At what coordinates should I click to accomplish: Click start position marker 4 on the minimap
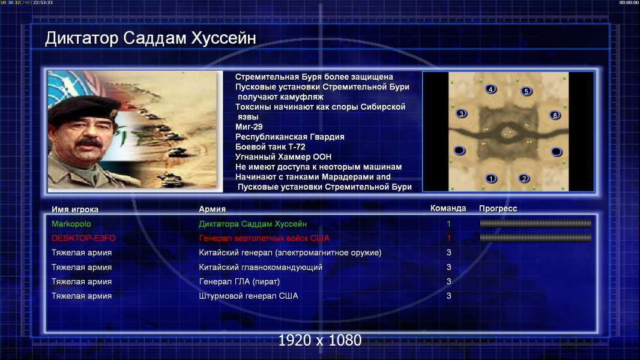(x=491, y=89)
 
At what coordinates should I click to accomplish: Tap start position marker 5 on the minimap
(x=526, y=91)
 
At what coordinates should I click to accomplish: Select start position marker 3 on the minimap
(x=461, y=113)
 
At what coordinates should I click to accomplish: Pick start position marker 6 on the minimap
(x=555, y=115)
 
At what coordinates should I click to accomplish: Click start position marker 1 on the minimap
(x=491, y=178)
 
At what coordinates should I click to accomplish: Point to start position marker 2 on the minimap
(x=524, y=178)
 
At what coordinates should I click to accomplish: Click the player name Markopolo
(x=71, y=224)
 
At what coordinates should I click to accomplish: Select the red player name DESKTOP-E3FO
(x=83, y=238)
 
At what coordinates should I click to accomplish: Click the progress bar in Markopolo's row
(x=536, y=223)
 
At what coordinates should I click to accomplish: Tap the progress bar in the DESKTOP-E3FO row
(x=536, y=238)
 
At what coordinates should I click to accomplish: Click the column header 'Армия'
(x=213, y=209)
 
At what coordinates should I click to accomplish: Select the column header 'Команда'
(x=448, y=208)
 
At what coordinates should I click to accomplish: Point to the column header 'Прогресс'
(x=498, y=209)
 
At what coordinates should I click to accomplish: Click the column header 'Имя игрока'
(x=74, y=209)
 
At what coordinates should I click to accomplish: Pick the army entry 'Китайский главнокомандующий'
(x=261, y=268)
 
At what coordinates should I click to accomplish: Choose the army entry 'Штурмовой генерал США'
(x=248, y=296)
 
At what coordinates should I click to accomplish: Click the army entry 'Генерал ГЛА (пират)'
(x=239, y=282)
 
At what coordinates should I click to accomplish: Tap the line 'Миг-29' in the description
(x=249, y=127)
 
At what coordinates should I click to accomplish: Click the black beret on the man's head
(x=83, y=107)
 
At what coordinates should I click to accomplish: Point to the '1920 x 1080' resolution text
(x=319, y=340)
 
